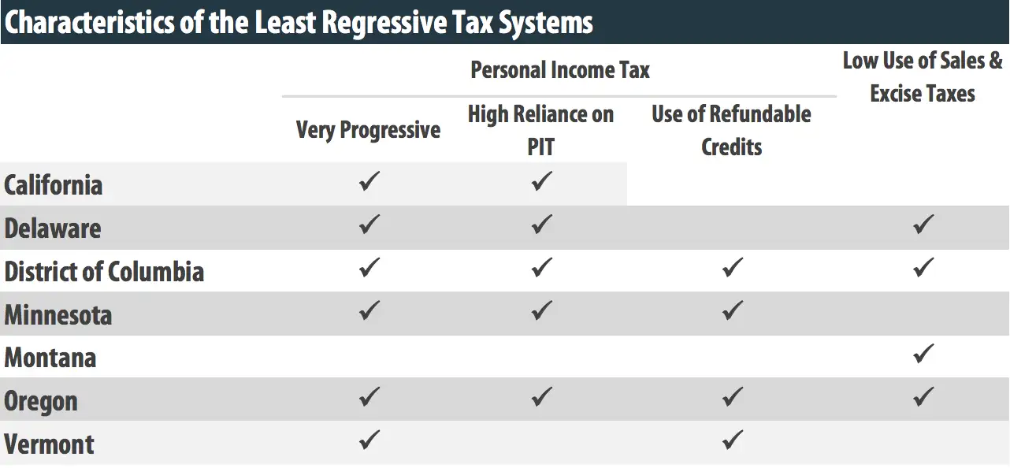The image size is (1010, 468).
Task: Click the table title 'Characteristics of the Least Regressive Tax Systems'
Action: coord(299,22)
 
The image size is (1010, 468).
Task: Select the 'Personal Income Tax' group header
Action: coord(559,70)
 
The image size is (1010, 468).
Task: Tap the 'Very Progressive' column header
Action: coord(368,129)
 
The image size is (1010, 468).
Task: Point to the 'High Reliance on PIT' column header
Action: coord(540,130)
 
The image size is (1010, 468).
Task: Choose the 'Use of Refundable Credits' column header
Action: coord(731,130)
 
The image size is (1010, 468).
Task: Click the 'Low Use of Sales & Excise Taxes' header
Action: coord(923,77)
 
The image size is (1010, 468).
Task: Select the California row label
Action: coord(54,185)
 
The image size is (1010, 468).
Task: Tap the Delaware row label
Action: coord(53,228)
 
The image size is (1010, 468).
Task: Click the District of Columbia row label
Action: coord(104,272)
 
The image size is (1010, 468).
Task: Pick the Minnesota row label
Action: coord(58,315)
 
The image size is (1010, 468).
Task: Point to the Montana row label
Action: coord(50,358)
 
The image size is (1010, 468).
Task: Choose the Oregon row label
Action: coord(41,401)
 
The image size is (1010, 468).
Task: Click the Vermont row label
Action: coord(49,444)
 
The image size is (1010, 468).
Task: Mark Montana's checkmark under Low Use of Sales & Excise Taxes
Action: coord(923,354)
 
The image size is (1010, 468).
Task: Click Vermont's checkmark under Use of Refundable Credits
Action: coord(732,440)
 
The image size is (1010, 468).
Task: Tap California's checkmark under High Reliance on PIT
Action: coord(540,181)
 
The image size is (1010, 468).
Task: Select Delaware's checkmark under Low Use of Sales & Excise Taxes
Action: coord(923,225)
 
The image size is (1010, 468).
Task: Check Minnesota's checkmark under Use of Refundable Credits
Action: coord(732,310)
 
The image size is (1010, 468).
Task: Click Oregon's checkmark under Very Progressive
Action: coord(369,396)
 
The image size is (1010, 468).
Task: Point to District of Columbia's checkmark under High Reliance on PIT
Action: coord(540,268)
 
